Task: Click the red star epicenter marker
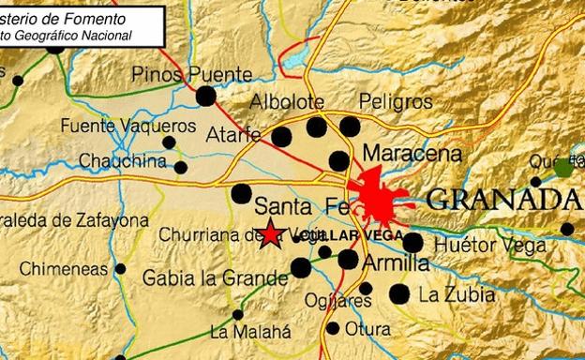271,234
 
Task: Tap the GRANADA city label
502,199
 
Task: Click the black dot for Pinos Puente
205,95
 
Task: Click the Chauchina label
122,161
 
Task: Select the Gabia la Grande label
216,277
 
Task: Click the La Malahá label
250,331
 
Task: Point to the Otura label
367,329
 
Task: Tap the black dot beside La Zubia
400,294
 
